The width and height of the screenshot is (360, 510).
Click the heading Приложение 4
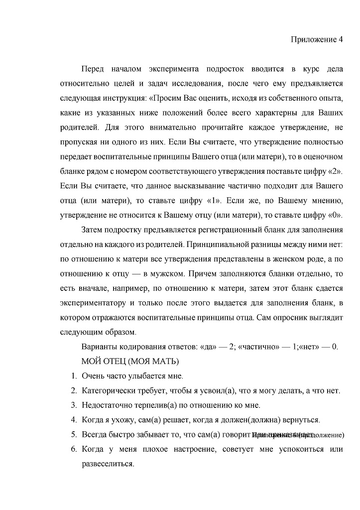click(317, 41)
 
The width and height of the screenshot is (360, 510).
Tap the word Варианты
click(99, 347)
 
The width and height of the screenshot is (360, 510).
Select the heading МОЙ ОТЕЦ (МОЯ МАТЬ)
click(130, 361)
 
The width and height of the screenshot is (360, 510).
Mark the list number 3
click(73, 405)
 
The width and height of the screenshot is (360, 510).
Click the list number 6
click(73, 450)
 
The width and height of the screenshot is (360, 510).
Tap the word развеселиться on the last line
click(108, 464)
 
